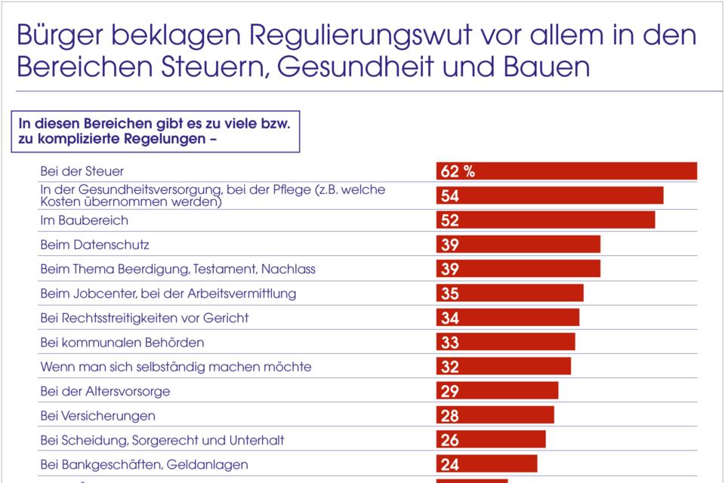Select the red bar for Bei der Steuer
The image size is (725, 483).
click(x=566, y=171)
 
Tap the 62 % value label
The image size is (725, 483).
click(x=458, y=171)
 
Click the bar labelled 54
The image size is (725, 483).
click(x=550, y=195)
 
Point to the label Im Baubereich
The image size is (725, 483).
click(x=84, y=220)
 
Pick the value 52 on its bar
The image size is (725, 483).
click(x=450, y=220)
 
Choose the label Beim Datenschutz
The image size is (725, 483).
click(x=94, y=245)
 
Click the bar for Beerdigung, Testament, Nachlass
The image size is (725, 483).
click(x=518, y=269)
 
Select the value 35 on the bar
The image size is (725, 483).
click(x=450, y=294)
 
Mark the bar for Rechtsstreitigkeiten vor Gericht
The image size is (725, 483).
click(x=507, y=318)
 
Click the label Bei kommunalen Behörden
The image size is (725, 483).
click(x=122, y=342)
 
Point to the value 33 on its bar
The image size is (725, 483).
click(x=450, y=343)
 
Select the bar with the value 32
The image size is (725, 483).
click(x=503, y=367)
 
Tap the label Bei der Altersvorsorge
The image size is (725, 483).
click(x=105, y=391)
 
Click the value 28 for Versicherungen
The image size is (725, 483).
click(x=450, y=416)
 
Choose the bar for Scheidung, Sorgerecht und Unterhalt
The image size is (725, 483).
click(x=491, y=440)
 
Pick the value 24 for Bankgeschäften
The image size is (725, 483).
click(x=450, y=465)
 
